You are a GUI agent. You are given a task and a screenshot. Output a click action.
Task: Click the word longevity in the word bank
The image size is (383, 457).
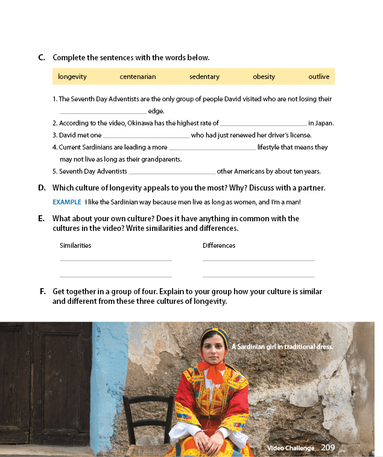[72, 77]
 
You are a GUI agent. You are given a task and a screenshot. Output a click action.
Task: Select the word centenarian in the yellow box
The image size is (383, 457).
[138, 77]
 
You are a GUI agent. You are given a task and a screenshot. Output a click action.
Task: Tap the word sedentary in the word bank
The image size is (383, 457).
[204, 77]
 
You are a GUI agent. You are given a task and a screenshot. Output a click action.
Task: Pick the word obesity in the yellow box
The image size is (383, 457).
[264, 77]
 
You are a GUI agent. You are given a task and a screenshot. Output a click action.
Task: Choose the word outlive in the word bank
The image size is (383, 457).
[319, 77]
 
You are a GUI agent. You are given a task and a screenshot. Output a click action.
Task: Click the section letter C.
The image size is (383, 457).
[42, 58]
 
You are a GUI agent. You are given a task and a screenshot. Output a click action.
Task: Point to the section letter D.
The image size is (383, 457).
[42, 188]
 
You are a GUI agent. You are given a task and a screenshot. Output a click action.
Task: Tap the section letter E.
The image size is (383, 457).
[41, 218]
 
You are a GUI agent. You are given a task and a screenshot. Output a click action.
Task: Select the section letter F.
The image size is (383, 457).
[43, 292]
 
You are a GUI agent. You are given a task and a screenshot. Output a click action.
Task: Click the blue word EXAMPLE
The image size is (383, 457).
[66, 202]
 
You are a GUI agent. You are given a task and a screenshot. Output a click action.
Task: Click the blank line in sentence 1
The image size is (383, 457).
[103, 112]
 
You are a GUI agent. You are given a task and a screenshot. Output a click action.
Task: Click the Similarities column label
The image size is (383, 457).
[75, 245]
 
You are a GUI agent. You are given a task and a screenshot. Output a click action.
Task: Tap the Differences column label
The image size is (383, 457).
[219, 245]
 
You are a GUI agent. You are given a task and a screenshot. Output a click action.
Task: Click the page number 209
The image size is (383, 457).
[328, 447]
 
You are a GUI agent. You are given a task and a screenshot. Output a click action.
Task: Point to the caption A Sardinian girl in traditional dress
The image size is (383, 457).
[282, 347]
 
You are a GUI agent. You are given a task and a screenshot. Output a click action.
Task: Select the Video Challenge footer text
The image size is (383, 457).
[291, 448]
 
